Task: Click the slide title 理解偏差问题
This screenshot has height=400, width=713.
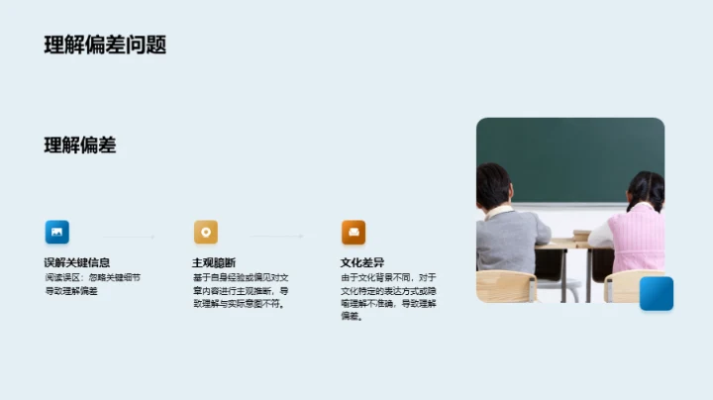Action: [105, 45]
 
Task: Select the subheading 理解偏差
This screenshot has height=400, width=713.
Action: [80, 146]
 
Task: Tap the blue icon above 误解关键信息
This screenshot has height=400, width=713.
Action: [57, 233]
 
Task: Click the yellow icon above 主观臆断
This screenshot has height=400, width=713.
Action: [206, 233]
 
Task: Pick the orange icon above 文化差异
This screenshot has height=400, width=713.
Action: [354, 233]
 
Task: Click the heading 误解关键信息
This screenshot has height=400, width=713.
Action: [77, 262]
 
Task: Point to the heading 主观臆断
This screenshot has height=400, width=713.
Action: [214, 262]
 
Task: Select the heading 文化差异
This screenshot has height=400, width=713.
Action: [361, 262]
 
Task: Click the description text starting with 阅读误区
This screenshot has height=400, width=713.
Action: [92, 284]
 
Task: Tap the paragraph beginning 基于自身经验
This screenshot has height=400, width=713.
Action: [241, 291]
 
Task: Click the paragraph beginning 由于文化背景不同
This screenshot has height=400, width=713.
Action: [388, 297]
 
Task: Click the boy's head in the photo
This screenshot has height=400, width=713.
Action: [493, 185]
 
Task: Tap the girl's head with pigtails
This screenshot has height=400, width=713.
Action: [645, 190]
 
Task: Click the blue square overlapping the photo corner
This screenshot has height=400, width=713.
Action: [656, 293]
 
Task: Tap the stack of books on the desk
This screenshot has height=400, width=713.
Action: [581, 237]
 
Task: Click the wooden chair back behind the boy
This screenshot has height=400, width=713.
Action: [505, 286]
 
